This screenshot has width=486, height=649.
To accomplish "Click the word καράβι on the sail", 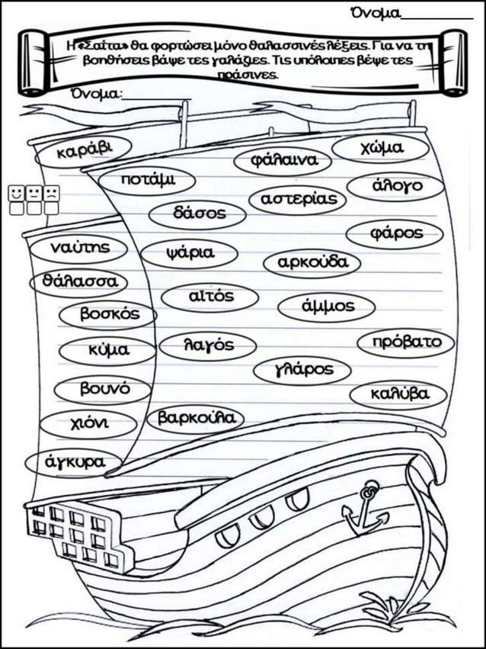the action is (x=84, y=151).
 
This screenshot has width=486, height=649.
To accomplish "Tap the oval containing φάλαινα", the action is (x=283, y=161).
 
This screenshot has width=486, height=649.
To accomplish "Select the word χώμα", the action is (x=381, y=148).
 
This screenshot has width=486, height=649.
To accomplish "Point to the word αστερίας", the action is (x=299, y=199).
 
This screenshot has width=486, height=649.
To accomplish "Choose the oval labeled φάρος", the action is (x=395, y=234).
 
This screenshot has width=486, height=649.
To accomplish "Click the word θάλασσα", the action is (x=79, y=282).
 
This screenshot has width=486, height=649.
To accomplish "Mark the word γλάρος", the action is (x=303, y=369).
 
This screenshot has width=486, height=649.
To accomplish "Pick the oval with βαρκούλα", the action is (x=196, y=419).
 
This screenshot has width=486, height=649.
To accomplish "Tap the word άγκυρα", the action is (x=75, y=461).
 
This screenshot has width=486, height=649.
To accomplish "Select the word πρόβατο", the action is (x=407, y=342).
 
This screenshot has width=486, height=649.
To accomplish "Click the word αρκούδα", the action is (x=313, y=262).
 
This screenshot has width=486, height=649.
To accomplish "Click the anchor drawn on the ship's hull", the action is (x=366, y=511).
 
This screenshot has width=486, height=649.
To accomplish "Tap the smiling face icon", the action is (x=16, y=193).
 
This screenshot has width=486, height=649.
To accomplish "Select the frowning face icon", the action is (x=51, y=193).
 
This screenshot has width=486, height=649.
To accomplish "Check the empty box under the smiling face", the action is (x=17, y=209).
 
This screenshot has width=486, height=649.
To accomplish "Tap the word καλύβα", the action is (x=400, y=394).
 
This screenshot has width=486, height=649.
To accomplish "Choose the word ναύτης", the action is (x=80, y=248).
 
